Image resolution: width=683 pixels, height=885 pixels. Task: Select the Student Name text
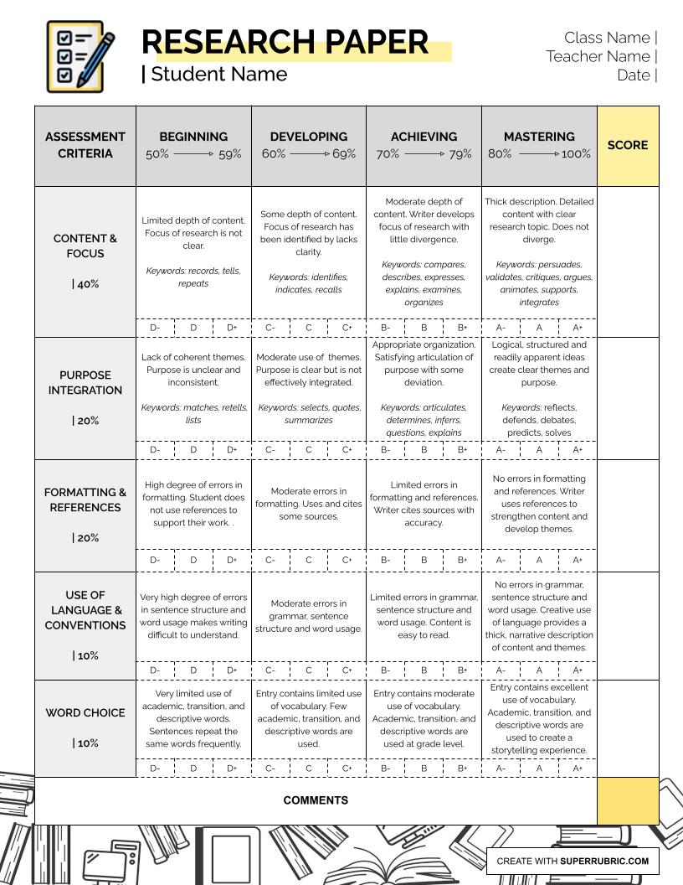pos(218,74)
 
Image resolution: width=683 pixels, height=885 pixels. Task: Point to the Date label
pos(634,75)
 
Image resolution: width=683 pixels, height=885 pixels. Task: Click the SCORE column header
pos(627,145)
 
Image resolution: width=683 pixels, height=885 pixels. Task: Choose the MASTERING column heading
pos(539,137)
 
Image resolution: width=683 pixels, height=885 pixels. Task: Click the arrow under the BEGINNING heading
pos(193,154)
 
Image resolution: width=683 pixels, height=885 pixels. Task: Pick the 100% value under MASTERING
pos(576,154)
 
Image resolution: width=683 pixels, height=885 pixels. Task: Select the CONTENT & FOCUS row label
pos(85,246)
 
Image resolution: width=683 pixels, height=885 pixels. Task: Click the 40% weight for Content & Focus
pos(85,284)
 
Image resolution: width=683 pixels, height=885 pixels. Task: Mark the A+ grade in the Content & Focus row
pos(578,329)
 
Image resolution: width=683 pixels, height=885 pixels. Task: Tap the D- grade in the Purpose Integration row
pos(155,450)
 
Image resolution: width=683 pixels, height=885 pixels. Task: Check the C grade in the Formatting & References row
pos(309,560)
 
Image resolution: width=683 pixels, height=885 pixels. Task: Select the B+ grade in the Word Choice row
pos(462,768)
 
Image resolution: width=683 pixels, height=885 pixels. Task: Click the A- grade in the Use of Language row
pos(501,670)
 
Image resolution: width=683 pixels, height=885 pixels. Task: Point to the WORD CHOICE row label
pos(85,712)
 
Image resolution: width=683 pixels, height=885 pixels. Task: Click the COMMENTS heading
pos(316,800)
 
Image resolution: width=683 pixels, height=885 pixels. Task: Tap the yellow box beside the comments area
pos(628,800)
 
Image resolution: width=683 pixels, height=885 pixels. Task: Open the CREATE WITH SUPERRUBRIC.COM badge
pos(573,861)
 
